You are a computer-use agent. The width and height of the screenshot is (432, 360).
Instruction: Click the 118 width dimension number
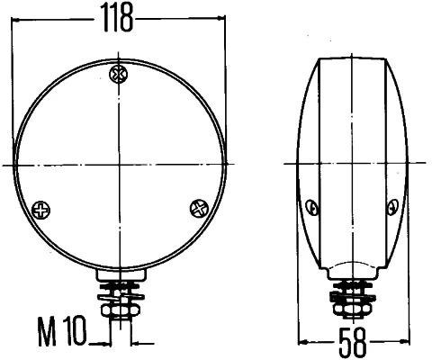pos(119,16)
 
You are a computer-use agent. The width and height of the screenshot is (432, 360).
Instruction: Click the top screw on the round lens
pos(117,73)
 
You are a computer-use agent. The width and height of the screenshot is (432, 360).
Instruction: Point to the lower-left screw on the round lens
pos(41,210)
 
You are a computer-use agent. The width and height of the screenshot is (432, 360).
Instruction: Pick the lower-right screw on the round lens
pos(199,209)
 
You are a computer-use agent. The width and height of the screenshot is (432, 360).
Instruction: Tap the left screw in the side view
pos(313,208)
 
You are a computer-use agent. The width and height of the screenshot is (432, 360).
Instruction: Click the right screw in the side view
pos(390,208)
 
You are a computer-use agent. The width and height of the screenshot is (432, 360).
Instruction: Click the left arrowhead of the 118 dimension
pos(17,16)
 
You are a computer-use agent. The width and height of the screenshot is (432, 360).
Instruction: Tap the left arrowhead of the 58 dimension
pos(302,342)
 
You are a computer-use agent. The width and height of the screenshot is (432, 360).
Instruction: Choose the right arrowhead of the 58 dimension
pos(400,342)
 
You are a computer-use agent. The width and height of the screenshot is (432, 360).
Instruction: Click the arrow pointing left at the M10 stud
pos(137,342)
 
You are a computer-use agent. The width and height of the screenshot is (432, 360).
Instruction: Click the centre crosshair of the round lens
pos(117,163)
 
